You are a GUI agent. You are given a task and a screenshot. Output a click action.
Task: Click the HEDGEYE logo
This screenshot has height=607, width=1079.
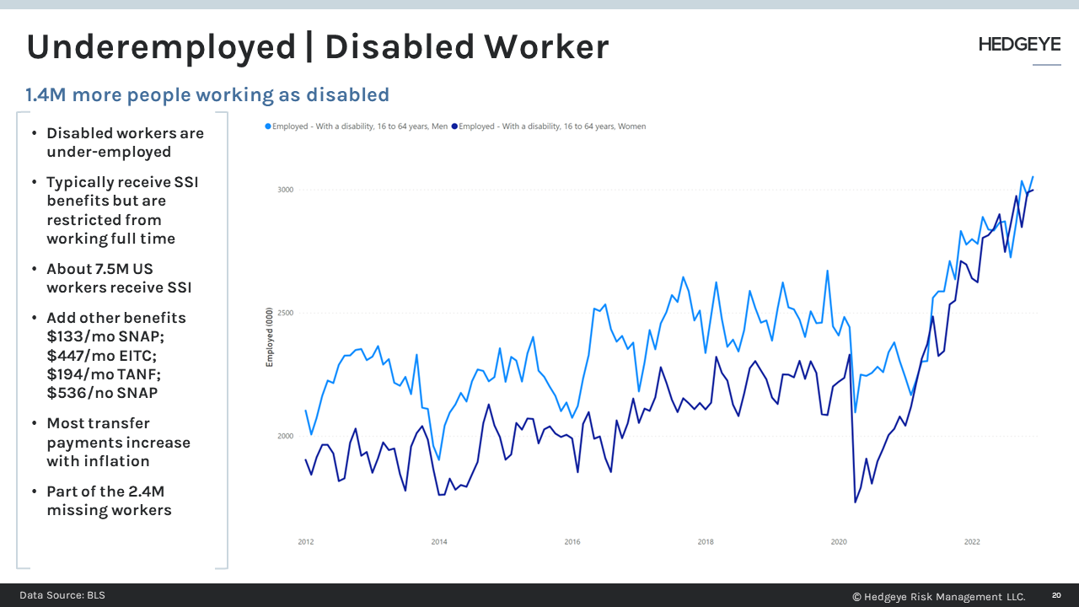click(x=1019, y=45)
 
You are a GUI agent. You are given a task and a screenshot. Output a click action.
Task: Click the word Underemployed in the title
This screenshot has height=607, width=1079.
click(x=161, y=48)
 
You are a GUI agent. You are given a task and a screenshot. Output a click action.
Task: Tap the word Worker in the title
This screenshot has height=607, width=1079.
click(x=546, y=46)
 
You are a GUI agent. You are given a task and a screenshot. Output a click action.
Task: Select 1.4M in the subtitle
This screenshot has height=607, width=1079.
click(x=46, y=95)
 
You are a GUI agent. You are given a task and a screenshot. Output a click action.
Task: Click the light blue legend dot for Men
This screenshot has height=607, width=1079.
click(x=268, y=126)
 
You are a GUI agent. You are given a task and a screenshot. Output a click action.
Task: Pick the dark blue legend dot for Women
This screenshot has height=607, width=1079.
click(x=454, y=126)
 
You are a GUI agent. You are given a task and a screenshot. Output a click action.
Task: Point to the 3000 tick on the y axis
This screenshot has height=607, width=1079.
click(x=285, y=190)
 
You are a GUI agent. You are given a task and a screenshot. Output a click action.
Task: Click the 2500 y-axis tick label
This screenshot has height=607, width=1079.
click(x=285, y=313)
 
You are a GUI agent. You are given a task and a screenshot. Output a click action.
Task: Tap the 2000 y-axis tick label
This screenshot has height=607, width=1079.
click(x=285, y=437)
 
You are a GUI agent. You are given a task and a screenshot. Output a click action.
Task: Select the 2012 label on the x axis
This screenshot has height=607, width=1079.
click(x=306, y=542)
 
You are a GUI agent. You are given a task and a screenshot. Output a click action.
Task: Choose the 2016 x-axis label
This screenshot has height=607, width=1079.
click(x=572, y=542)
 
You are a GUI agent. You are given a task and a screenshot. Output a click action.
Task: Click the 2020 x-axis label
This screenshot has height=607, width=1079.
click(x=839, y=542)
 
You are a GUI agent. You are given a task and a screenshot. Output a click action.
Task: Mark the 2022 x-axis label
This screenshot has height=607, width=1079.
click(x=972, y=542)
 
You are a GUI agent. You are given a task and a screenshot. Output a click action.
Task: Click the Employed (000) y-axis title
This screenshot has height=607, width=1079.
click(x=269, y=337)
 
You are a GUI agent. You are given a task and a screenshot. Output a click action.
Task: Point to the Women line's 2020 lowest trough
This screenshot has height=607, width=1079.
click(x=856, y=502)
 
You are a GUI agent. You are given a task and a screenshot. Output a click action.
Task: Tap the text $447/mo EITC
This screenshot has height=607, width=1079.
click(x=102, y=356)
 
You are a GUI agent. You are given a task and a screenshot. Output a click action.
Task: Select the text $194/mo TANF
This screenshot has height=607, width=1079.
click(x=104, y=374)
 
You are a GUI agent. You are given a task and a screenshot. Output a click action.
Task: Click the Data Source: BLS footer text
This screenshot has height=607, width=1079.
click(x=62, y=595)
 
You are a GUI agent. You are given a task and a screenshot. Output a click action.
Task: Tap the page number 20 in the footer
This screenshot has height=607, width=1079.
click(x=1056, y=595)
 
